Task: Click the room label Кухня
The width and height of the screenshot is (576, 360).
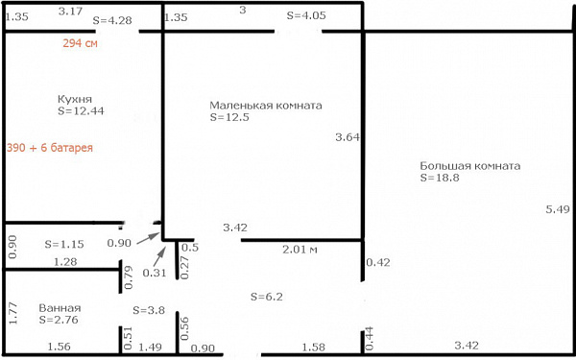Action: click(75, 99)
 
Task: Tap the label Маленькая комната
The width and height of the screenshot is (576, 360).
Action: click(266, 106)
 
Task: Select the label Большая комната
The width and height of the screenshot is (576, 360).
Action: click(469, 166)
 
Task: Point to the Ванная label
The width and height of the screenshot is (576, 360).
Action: click(60, 308)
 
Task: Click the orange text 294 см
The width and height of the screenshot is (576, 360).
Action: click(80, 43)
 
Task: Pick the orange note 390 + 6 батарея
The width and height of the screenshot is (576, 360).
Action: click(50, 148)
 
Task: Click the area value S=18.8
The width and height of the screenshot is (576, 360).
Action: click(440, 178)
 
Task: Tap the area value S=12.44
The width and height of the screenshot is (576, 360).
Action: click(81, 111)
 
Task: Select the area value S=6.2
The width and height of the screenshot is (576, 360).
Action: click(267, 297)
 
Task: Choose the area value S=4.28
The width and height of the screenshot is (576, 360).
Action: click(112, 20)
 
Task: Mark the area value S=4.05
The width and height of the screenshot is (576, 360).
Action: click(306, 15)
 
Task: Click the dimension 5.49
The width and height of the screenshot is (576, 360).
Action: click(558, 209)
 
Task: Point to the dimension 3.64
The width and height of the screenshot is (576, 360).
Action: click(348, 137)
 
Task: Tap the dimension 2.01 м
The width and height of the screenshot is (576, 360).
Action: click(300, 250)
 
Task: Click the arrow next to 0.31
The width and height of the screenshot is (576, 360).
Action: click(159, 256)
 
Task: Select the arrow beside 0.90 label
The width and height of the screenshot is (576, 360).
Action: click(149, 238)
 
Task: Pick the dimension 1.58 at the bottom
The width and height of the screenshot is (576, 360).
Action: click(313, 347)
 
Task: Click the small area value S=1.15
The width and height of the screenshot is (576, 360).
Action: click(64, 244)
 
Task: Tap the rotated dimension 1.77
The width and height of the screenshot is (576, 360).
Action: click(12, 313)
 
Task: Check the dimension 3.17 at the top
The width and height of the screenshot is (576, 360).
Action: click(70, 12)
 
